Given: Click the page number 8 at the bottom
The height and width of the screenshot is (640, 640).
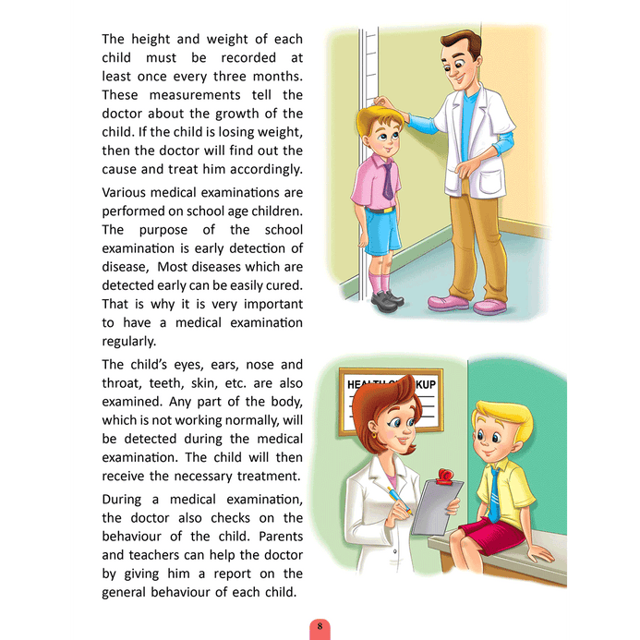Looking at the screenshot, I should (x=320, y=627).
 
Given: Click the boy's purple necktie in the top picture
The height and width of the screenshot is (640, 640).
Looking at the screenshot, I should (x=388, y=177).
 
